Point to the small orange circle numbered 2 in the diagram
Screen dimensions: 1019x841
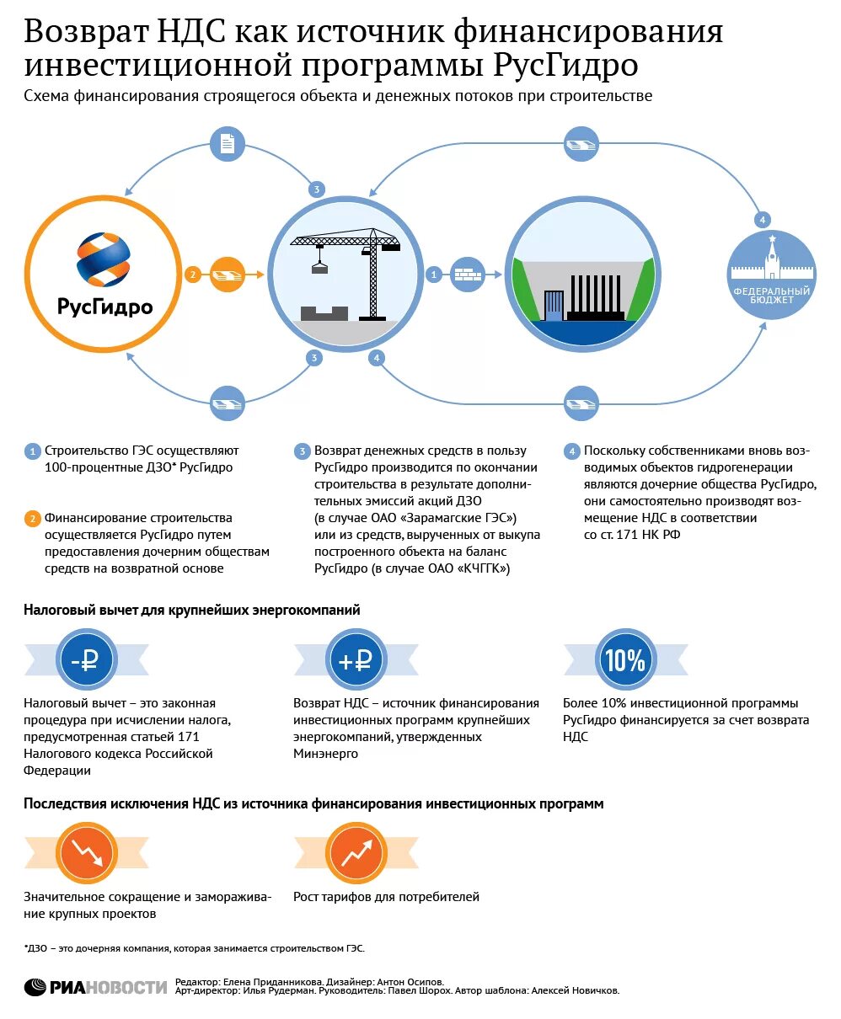click(193, 275)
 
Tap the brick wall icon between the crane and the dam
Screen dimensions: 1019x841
click(468, 275)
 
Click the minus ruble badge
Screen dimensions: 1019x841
click(85, 661)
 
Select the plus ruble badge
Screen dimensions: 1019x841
click(355, 661)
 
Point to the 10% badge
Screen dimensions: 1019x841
click(624, 661)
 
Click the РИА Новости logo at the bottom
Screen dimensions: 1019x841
click(96, 987)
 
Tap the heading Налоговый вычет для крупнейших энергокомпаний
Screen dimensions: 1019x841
click(192, 610)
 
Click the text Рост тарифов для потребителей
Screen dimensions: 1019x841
click(386, 897)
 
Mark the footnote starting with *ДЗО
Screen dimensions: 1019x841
click(195, 947)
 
